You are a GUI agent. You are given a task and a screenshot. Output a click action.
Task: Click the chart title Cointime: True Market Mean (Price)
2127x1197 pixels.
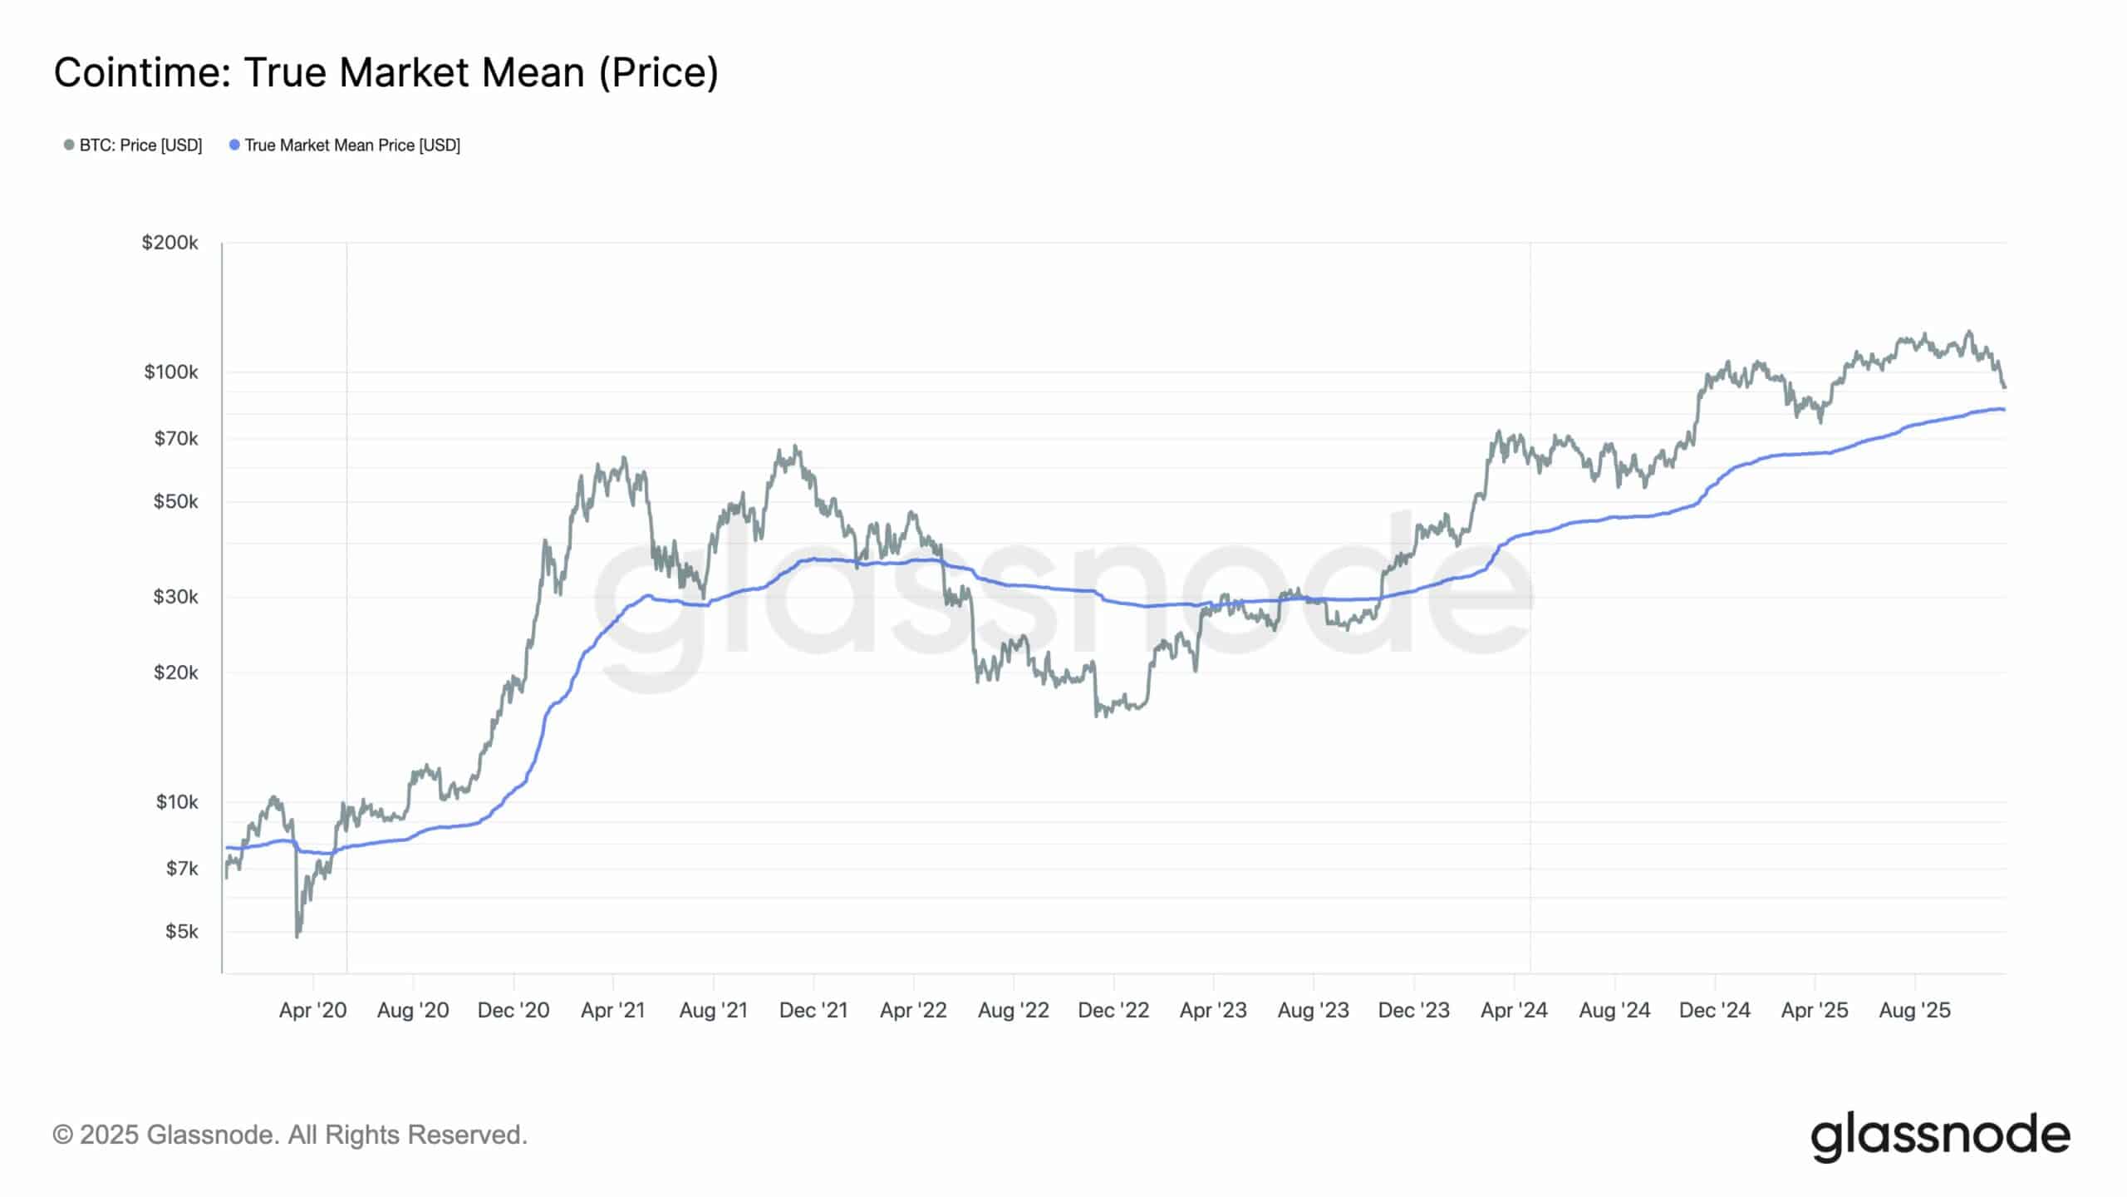point(386,73)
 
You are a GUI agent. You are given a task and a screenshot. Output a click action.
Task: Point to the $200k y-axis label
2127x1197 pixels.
point(170,243)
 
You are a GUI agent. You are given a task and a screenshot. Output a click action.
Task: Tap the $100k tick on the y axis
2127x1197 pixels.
point(171,372)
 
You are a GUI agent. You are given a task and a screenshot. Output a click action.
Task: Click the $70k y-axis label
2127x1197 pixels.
point(175,438)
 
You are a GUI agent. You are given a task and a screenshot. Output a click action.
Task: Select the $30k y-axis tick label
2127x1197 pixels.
point(175,596)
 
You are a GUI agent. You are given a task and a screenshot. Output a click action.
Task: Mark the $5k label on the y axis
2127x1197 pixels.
point(182,931)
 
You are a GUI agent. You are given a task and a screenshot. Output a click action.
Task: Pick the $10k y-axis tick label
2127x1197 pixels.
point(176,801)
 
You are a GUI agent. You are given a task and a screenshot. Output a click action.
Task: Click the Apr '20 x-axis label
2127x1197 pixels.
point(312,1010)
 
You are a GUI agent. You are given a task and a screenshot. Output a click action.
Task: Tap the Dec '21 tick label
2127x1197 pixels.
point(813,1010)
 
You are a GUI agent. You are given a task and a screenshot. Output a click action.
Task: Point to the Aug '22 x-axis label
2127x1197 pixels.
point(1013,1010)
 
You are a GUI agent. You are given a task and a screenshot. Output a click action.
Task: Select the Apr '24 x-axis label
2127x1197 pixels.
point(1514,1010)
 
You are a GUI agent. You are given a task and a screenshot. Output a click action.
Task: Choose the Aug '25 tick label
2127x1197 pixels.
point(1914,1010)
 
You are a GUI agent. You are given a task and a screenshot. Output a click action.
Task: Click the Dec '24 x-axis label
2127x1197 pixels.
point(1714,1010)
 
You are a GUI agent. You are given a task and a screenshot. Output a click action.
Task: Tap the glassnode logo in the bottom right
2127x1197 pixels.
point(1940,1135)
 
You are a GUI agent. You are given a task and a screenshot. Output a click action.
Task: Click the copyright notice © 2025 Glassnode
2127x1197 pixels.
point(290,1135)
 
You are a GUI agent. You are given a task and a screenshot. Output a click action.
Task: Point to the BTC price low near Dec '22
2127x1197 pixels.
point(1098,715)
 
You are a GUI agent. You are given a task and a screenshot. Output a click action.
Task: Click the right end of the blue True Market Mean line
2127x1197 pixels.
point(2004,410)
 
